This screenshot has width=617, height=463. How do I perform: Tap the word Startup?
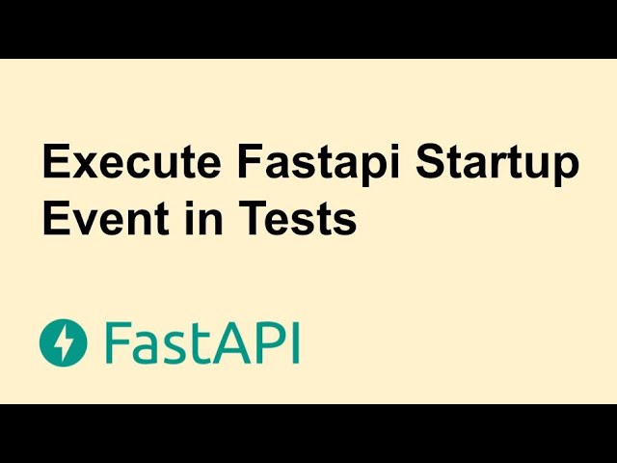(498, 166)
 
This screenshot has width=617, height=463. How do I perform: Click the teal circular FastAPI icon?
(64, 342)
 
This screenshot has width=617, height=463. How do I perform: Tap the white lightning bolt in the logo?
(64, 342)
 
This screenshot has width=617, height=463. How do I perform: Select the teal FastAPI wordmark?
(202, 342)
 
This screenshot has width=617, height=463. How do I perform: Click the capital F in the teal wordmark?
(117, 342)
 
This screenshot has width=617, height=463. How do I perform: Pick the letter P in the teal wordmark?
(264, 342)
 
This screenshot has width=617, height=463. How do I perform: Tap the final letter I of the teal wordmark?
(293, 342)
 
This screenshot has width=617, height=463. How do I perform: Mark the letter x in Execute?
(82, 166)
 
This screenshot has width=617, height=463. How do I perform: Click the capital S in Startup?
(431, 164)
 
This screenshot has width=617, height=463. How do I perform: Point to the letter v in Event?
(82, 223)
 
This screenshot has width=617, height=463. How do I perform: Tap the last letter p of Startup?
(567, 169)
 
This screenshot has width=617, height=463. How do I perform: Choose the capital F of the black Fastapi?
(247, 164)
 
